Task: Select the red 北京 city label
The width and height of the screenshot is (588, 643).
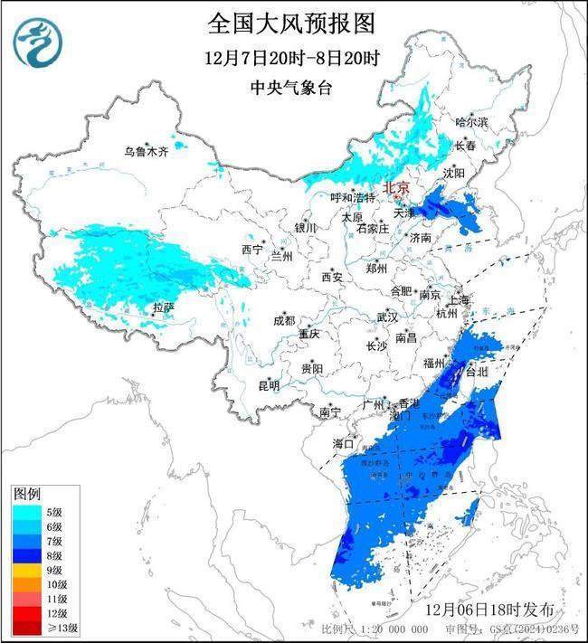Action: click(x=396, y=187)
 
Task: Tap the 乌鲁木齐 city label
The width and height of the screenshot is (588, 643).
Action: click(x=147, y=152)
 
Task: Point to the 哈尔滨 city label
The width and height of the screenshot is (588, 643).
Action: click(x=470, y=121)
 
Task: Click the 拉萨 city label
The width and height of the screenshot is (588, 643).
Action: click(x=163, y=307)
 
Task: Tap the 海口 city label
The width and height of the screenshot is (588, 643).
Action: click(x=343, y=443)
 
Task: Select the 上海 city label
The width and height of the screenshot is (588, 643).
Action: click(x=459, y=299)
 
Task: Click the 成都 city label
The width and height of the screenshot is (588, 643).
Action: click(x=284, y=320)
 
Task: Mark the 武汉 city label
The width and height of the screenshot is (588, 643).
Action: click(x=388, y=317)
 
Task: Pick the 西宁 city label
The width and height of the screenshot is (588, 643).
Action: click(x=251, y=249)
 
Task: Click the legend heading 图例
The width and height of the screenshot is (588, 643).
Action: click(x=27, y=495)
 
